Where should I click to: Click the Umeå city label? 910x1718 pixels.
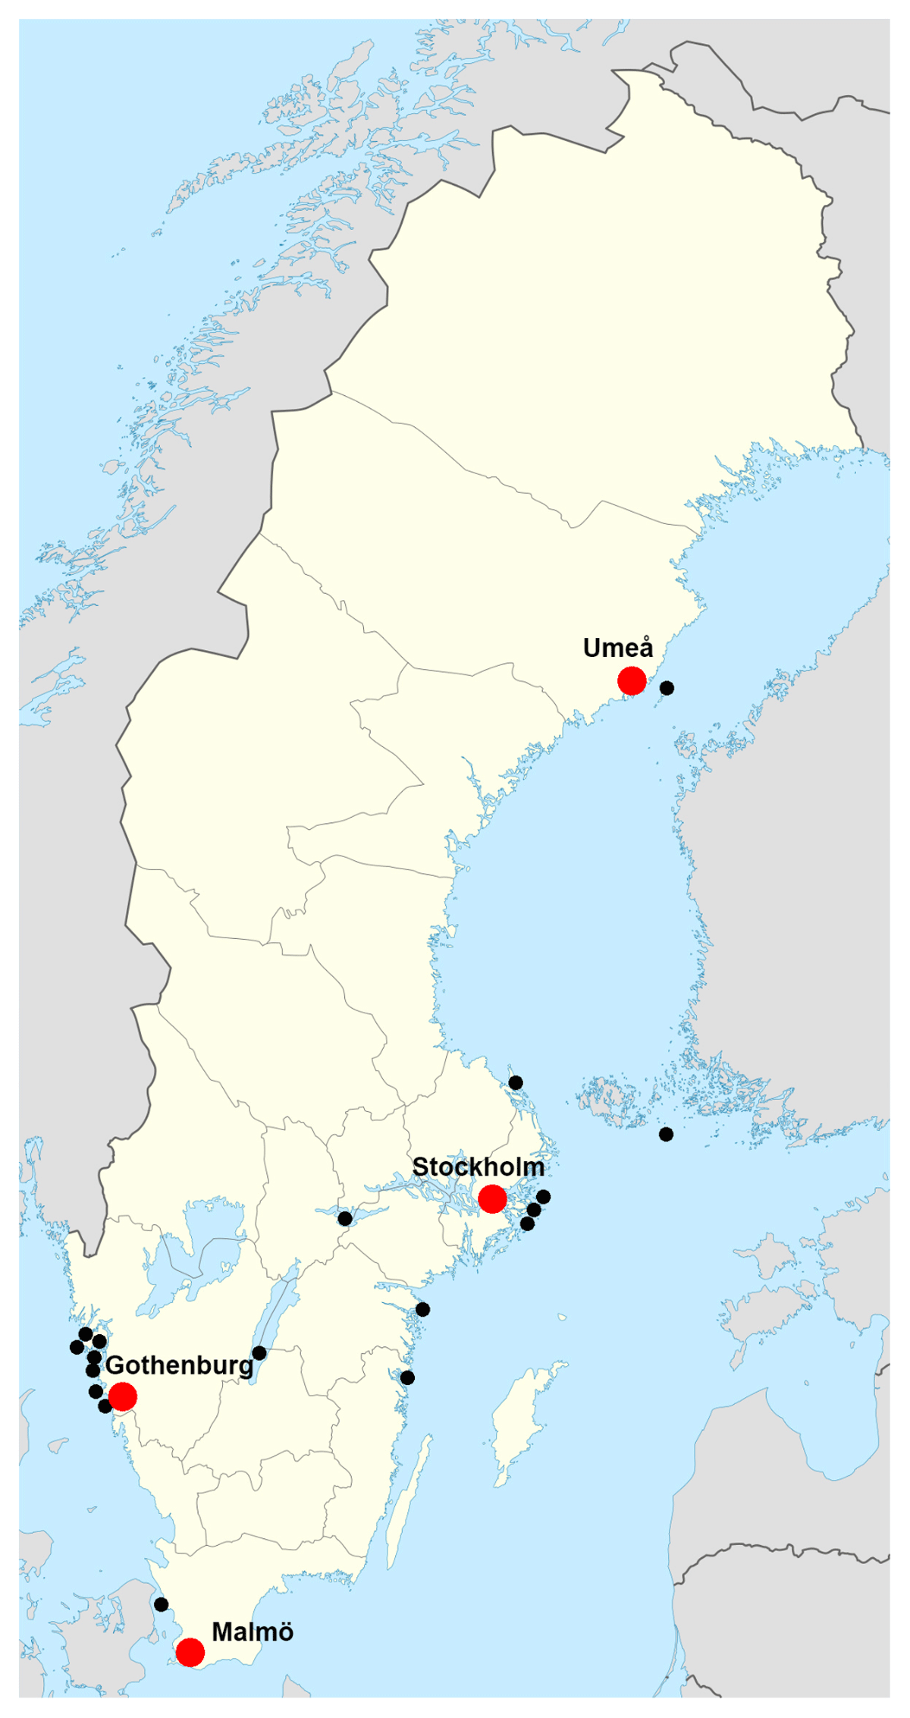pos(617,649)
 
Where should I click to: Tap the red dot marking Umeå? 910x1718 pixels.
pos(632,680)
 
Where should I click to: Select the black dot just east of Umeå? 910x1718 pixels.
pos(667,688)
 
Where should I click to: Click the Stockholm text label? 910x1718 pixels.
pos(478,1167)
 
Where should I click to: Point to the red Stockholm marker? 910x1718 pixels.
pos(492,1199)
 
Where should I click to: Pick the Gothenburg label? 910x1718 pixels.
pos(179,1365)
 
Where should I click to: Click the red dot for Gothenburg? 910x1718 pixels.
pos(123,1396)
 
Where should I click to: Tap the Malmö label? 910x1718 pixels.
pos(253,1632)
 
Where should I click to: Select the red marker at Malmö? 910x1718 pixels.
pos(190,1652)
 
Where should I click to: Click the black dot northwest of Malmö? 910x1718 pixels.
pos(161,1604)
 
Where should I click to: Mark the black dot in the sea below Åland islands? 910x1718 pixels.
pos(666,1134)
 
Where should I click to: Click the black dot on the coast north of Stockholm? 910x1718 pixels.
pos(516,1082)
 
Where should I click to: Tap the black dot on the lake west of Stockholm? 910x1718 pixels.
pos(345,1218)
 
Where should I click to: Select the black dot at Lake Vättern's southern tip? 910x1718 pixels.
pos(259,1353)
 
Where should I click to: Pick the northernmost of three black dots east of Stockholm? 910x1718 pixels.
pos(543,1197)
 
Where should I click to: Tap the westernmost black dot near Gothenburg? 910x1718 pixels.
pos(77,1347)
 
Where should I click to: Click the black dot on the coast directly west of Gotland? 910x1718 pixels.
pos(407,1377)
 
